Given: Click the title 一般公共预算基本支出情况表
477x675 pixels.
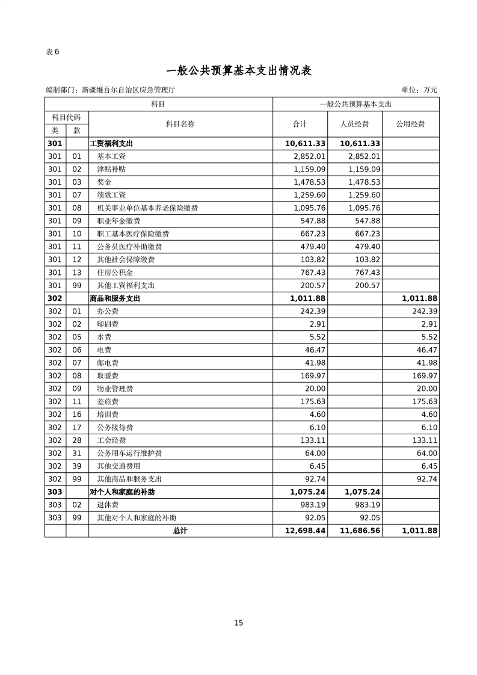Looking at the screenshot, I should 238,70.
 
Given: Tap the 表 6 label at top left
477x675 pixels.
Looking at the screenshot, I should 52,51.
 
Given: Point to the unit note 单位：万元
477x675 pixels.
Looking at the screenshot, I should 419,90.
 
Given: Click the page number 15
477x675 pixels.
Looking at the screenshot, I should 239,623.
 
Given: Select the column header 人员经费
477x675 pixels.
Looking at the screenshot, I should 354,124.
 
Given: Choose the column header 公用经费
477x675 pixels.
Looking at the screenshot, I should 410,124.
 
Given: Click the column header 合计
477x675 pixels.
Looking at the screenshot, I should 300,124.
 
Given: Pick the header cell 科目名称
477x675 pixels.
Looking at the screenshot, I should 180,124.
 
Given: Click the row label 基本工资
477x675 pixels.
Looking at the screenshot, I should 111,156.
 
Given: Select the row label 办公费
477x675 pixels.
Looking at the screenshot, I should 108,311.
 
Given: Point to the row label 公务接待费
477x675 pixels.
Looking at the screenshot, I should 115,427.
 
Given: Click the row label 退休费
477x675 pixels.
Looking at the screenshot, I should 108,505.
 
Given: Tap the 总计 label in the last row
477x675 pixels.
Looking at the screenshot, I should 180,531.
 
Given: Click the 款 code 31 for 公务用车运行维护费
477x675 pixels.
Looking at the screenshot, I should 76,453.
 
